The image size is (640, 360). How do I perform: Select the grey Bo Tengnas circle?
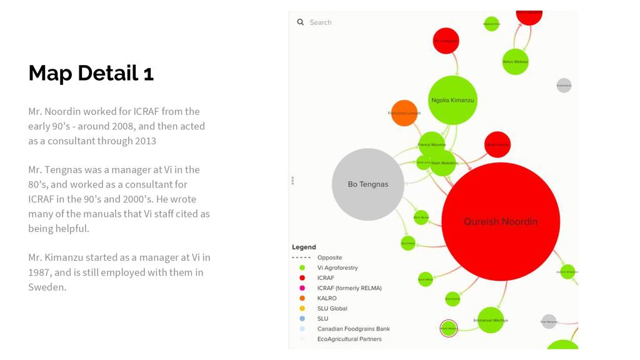click(x=367, y=184)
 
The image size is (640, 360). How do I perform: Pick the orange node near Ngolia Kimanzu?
click(x=404, y=113)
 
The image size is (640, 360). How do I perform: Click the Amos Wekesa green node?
click(x=515, y=62)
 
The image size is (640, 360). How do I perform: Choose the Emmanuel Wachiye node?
click(x=491, y=320)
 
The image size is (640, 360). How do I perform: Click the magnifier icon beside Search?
click(x=301, y=22)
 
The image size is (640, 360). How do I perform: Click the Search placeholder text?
click(x=321, y=22)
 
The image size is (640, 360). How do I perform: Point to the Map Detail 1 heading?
click(x=91, y=73)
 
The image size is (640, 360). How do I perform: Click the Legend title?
click(x=304, y=247)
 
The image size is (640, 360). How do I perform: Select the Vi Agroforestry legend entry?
click(x=337, y=267)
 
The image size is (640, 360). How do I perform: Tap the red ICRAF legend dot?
click(x=302, y=277)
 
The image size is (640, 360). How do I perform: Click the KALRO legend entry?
click(x=326, y=298)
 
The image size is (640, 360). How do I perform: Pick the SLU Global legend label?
click(x=332, y=308)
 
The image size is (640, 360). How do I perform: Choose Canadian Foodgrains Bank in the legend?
click(x=353, y=329)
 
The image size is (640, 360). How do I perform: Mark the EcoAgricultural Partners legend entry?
click(x=349, y=339)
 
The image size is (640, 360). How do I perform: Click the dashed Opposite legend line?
click(x=301, y=257)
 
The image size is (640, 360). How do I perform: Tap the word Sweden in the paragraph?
click(x=47, y=287)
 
